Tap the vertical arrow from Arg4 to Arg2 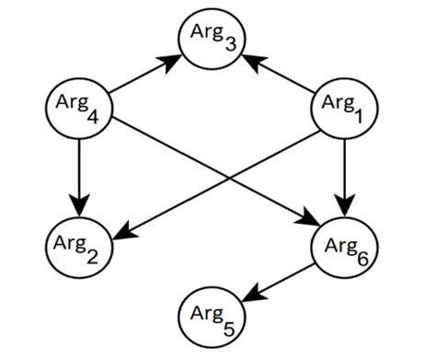[77, 175]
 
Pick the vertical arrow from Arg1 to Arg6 [344, 175]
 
